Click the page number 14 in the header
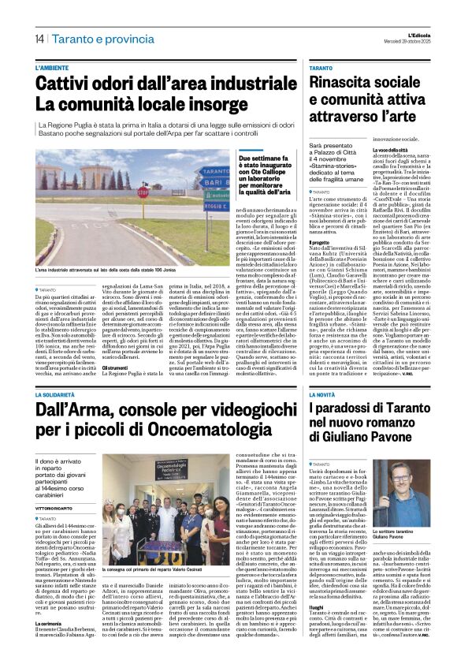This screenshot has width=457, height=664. click(x=39, y=39)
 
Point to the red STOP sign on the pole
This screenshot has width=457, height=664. click(x=143, y=191)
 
